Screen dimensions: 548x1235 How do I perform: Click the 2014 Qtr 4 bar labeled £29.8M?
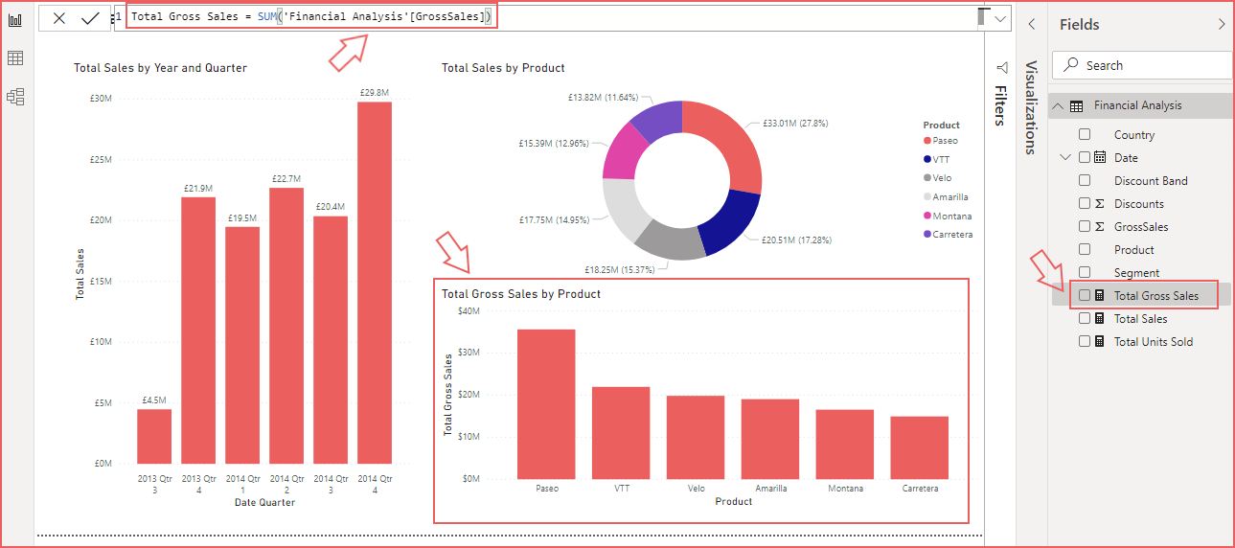[x=375, y=283]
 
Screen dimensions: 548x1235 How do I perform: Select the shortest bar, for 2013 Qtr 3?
[x=154, y=437]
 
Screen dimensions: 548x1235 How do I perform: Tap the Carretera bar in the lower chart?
[x=919, y=447]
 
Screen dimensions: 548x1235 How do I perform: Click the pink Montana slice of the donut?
[x=625, y=154]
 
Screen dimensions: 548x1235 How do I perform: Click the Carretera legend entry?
[x=951, y=234]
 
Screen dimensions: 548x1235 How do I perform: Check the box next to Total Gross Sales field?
[x=1085, y=295]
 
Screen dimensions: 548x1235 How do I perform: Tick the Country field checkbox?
[x=1085, y=135]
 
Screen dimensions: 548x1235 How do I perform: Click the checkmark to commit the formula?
[x=90, y=18]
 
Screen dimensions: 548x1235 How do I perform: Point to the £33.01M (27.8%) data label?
[x=795, y=124]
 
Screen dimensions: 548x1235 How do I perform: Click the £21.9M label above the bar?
[x=198, y=189]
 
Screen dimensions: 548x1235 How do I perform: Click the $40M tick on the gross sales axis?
[x=469, y=311]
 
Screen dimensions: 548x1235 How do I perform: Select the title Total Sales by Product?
[x=503, y=68]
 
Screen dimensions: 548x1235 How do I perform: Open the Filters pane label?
[x=1000, y=105]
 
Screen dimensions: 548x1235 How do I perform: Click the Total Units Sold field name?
[x=1153, y=341]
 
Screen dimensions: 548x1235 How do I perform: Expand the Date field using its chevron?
[x=1066, y=157]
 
